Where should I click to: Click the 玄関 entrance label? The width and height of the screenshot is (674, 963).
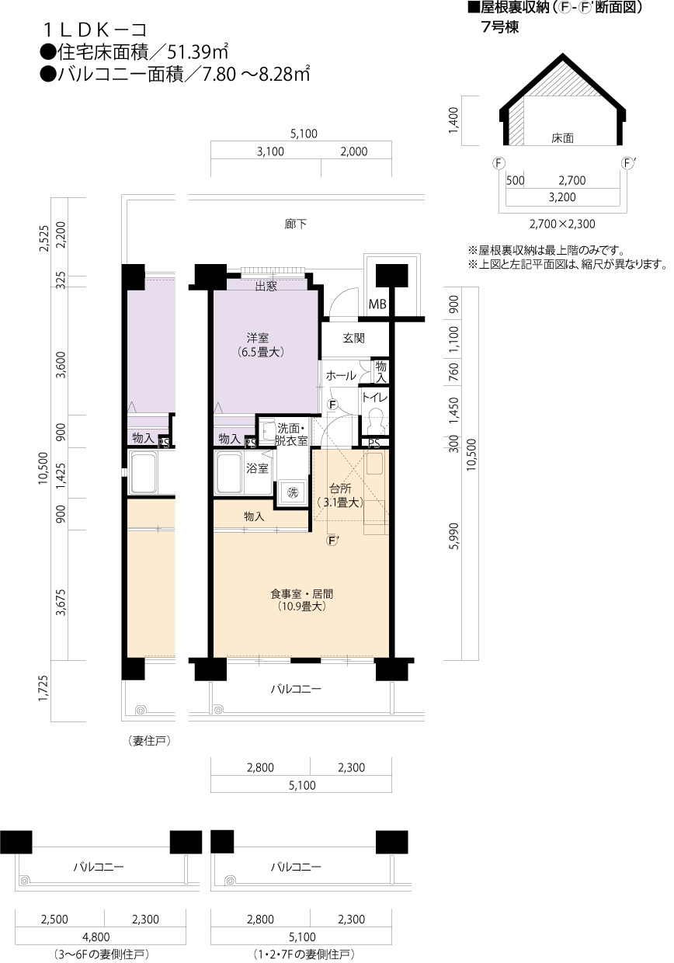(353, 339)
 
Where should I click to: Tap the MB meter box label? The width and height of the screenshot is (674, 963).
(377, 304)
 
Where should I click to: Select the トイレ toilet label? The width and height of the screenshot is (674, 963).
(374, 398)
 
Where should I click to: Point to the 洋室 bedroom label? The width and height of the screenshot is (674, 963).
(258, 338)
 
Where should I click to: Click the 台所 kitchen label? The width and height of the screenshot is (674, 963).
(340, 488)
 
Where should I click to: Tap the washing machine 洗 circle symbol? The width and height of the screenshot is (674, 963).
(293, 492)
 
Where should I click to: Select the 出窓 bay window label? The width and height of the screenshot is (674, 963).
(266, 287)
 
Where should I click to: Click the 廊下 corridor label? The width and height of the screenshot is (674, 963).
(296, 224)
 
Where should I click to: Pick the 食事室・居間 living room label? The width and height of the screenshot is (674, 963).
(302, 594)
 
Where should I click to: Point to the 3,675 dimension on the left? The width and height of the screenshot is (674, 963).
(62, 603)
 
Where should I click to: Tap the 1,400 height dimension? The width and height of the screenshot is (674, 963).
(453, 120)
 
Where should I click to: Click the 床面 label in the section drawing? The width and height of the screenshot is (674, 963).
(562, 138)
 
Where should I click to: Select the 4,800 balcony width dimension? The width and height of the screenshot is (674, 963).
(97, 937)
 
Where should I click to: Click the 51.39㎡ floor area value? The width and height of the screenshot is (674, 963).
(197, 53)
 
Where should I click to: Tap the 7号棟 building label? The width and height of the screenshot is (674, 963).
(500, 27)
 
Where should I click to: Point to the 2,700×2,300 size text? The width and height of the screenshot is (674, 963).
(562, 224)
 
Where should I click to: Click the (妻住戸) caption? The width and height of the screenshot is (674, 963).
(149, 741)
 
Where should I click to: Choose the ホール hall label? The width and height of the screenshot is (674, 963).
(341, 376)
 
